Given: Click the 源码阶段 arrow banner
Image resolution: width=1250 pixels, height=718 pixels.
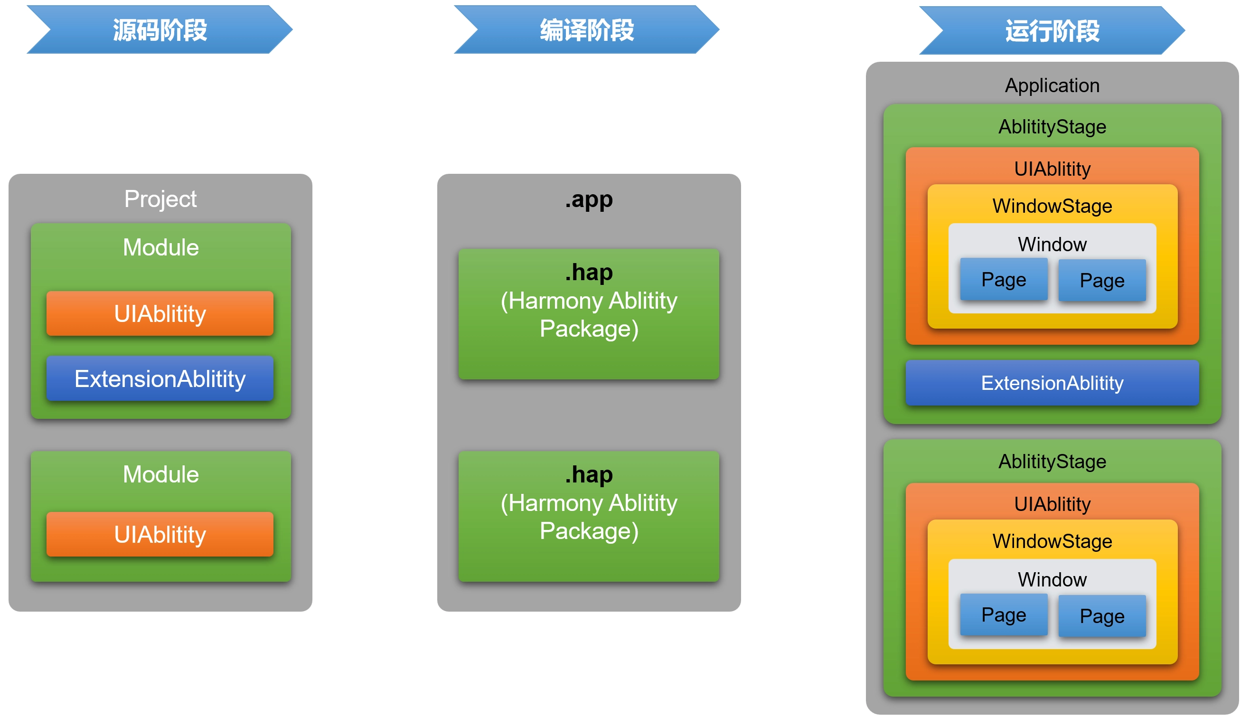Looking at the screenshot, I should (160, 29).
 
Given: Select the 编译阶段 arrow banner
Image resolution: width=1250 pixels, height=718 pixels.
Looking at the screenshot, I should (587, 29).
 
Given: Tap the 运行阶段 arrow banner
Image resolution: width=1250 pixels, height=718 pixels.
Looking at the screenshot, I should (1052, 30).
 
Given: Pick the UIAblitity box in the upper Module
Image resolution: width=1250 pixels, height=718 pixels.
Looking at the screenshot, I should (160, 313).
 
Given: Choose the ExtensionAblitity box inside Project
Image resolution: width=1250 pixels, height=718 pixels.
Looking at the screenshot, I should (160, 379).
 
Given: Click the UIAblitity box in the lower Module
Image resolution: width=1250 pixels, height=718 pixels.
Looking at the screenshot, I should (160, 535).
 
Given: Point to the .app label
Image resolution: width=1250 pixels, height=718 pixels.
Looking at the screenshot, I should (589, 199).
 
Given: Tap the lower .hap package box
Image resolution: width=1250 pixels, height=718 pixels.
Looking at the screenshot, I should (589, 516).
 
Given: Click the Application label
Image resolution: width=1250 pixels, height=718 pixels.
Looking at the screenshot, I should (1052, 85).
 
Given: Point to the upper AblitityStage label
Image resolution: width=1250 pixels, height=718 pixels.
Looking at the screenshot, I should (1052, 127).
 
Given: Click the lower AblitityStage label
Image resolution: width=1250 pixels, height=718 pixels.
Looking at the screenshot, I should (1052, 462).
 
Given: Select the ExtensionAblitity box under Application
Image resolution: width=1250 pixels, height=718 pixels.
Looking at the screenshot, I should (1052, 383).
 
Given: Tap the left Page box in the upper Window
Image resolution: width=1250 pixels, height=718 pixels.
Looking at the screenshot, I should (1004, 280).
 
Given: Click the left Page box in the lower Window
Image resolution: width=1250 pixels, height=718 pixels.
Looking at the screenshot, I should (1004, 615).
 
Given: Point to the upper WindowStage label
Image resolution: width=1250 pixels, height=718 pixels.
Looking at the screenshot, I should (1052, 206).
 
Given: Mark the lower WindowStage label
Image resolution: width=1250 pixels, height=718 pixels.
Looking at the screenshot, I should (1052, 541).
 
